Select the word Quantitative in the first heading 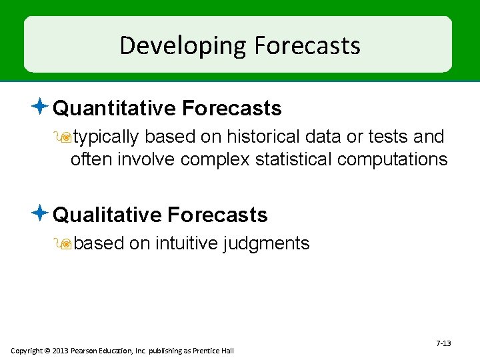114,108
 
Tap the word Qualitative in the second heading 107,215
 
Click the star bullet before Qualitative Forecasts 41,213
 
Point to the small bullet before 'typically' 66,137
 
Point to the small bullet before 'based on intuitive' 66,244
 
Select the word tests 386,137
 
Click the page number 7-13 443,343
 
